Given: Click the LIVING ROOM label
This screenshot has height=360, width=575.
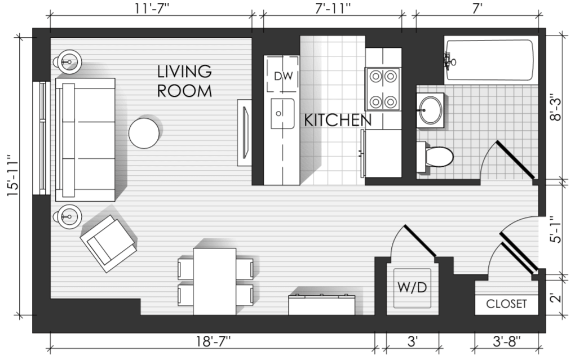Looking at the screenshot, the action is (x=184, y=81).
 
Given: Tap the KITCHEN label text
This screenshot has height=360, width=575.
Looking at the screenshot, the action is (x=338, y=120).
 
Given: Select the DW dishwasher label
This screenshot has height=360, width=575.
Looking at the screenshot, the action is (x=284, y=76).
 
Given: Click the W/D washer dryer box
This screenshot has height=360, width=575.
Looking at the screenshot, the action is (x=412, y=288).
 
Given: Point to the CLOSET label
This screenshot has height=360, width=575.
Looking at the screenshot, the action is (x=506, y=304).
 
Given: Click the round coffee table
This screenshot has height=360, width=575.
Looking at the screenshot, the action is (x=144, y=133).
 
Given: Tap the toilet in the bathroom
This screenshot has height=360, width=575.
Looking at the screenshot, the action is (x=435, y=157).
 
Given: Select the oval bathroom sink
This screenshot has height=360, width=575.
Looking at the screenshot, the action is (x=430, y=110).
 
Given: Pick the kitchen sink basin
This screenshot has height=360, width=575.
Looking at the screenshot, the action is (x=282, y=113).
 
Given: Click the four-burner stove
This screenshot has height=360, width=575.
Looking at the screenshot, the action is (x=382, y=88).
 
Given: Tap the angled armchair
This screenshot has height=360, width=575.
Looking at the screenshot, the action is (x=108, y=243).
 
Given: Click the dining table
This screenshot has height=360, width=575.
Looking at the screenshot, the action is (x=215, y=281).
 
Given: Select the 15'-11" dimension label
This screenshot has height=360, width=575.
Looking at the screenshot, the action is (x=13, y=175).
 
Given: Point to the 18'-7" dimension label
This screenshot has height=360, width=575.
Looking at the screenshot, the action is (x=213, y=341).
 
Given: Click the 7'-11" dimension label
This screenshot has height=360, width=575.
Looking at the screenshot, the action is (x=333, y=8).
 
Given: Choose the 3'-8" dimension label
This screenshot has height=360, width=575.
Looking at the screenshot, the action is (x=506, y=341).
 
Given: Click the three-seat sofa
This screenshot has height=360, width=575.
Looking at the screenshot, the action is (x=86, y=140).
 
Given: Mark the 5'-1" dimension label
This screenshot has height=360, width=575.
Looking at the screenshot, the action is (x=556, y=229).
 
